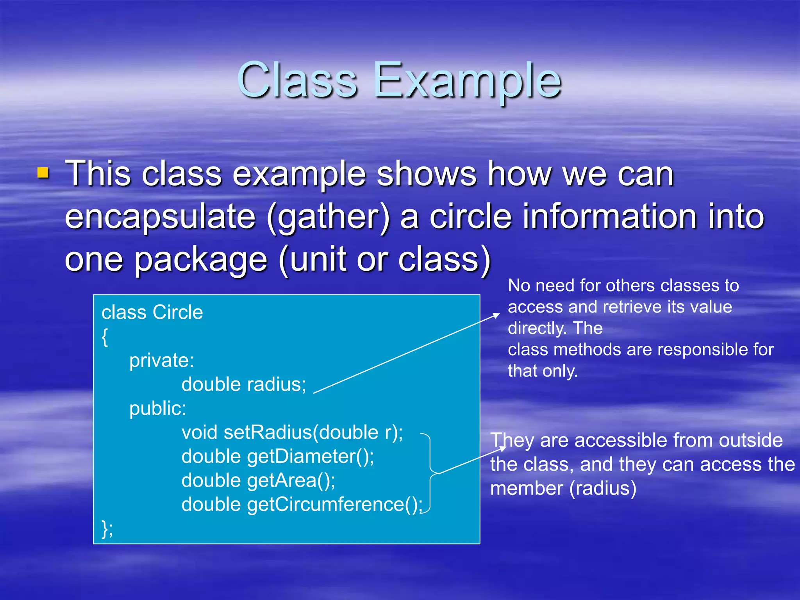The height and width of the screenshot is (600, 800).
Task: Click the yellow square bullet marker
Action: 43,173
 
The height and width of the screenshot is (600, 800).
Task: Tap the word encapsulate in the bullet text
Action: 160,217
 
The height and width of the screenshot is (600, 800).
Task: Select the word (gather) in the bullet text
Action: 328,217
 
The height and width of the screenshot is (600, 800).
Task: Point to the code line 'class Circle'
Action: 152,312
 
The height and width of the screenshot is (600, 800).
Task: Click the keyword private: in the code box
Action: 161,360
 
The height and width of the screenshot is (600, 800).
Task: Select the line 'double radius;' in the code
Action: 244,384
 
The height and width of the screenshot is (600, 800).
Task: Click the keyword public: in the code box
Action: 157,409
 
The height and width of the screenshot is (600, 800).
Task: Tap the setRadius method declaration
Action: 292,432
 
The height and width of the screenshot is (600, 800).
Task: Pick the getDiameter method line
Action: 278,456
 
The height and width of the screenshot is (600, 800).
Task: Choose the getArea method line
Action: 258,480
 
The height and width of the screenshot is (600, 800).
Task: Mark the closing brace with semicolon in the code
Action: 107,529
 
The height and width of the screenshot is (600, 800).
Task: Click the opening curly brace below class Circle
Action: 105,337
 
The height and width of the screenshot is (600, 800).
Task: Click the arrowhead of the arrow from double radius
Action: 497,314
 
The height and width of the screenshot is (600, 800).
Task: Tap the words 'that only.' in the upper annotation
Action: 542,371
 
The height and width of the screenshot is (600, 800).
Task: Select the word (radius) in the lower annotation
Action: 603,488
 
